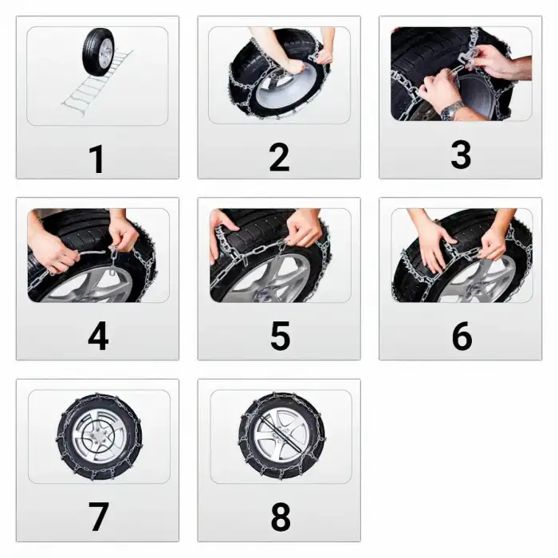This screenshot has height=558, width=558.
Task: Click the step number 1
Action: [96, 159]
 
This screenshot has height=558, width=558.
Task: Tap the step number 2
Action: [279, 157]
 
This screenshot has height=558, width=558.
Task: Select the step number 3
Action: [461, 155]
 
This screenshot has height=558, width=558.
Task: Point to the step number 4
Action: [98, 336]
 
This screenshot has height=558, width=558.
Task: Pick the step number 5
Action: [280, 336]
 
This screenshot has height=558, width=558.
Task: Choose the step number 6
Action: [462, 336]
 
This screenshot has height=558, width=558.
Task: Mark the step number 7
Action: [98, 517]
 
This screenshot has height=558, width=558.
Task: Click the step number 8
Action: [281, 517]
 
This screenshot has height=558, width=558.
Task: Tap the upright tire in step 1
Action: [99, 51]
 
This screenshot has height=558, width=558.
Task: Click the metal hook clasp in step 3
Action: [462, 57]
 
